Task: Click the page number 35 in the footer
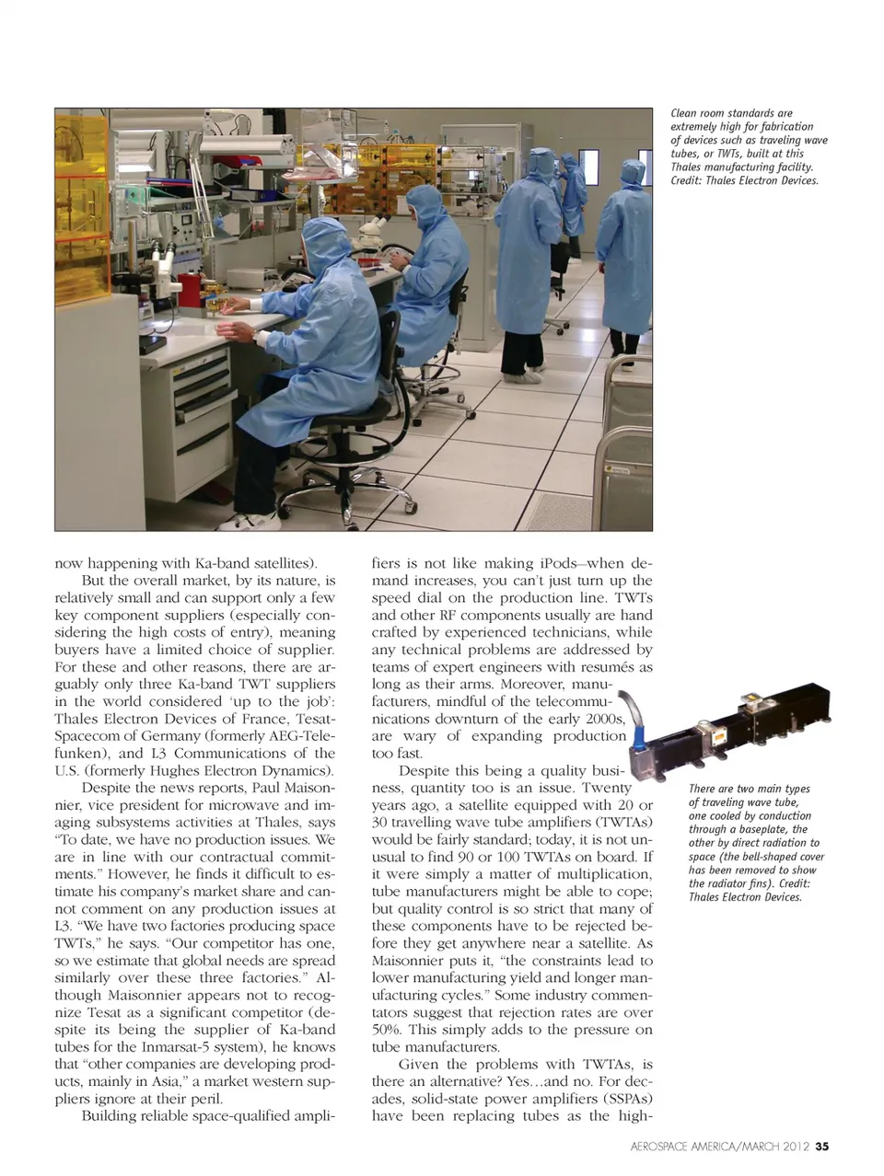click(x=822, y=1147)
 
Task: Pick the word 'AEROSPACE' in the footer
click(x=665, y=1147)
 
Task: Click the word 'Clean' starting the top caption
click(x=683, y=113)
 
